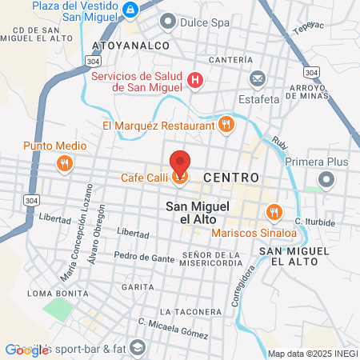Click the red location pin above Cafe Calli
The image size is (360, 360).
[181, 162]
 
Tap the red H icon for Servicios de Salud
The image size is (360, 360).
[195, 80]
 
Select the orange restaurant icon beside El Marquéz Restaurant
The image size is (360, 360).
[227, 125]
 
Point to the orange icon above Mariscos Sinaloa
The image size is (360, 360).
[273, 212]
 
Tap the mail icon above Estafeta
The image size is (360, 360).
[258, 78]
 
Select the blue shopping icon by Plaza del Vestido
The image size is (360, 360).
[130, 10]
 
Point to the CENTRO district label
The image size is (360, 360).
[230, 177]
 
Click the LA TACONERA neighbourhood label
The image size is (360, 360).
[190, 310]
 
